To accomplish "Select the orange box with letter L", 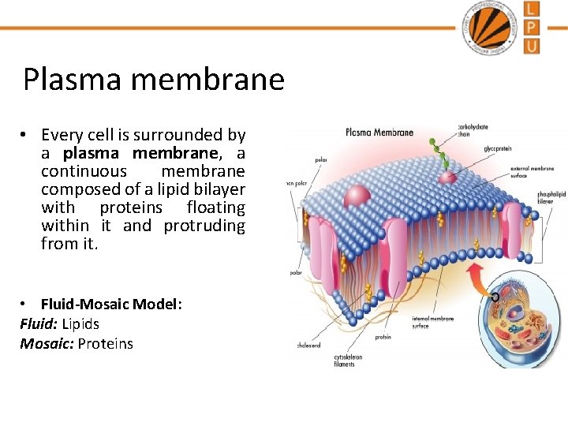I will pyautogui.click(x=532, y=9).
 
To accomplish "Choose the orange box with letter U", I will pyautogui.click(x=532, y=46).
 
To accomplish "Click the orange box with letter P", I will pyautogui.click(x=532, y=28).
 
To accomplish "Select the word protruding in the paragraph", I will pyautogui.click(x=204, y=226).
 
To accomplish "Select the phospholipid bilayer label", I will pyautogui.click(x=551, y=196).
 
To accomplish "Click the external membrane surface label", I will pyautogui.click(x=532, y=171).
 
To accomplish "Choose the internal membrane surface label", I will pyautogui.click(x=433, y=322).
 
